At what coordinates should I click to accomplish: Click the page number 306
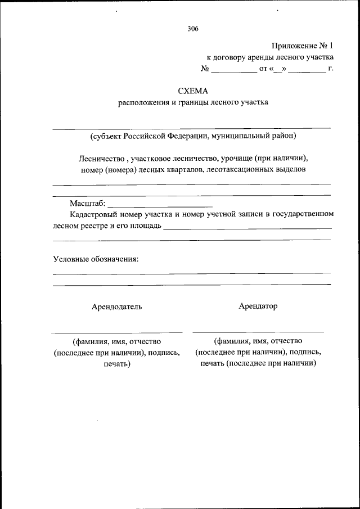pos(193,29)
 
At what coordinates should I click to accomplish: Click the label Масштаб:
pos(87,203)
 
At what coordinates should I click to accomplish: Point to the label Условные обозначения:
pos(96,259)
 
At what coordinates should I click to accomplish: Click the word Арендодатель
pos(117,307)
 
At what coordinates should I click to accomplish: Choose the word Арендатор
pos(258,306)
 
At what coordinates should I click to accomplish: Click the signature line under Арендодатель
pos(117,332)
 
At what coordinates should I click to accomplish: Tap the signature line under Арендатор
pos(258,332)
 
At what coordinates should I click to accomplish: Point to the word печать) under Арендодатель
pos(117,364)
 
